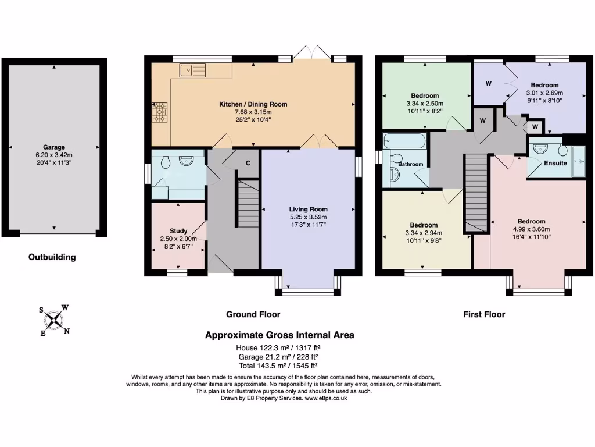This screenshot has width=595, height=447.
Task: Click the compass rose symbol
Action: (55, 320)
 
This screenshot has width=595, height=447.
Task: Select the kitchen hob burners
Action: (159, 112)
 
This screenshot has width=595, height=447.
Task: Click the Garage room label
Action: (53, 147)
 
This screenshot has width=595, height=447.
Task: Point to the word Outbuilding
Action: (52, 257)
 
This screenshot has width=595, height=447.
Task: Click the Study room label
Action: (178, 230)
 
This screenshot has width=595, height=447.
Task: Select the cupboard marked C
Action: (248, 163)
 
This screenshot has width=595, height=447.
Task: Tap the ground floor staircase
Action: (248, 204)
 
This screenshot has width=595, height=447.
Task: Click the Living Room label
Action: (309, 209)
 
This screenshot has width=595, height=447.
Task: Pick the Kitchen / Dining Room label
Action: (253, 104)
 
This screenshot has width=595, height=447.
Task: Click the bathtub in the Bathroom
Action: (405, 141)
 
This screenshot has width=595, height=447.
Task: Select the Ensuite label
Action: (555, 163)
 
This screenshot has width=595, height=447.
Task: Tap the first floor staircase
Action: (475, 192)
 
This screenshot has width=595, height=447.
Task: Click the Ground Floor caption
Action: (253, 314)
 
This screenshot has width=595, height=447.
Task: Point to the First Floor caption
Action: (483, 314)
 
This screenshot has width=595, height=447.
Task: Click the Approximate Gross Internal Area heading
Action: (279, 335)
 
